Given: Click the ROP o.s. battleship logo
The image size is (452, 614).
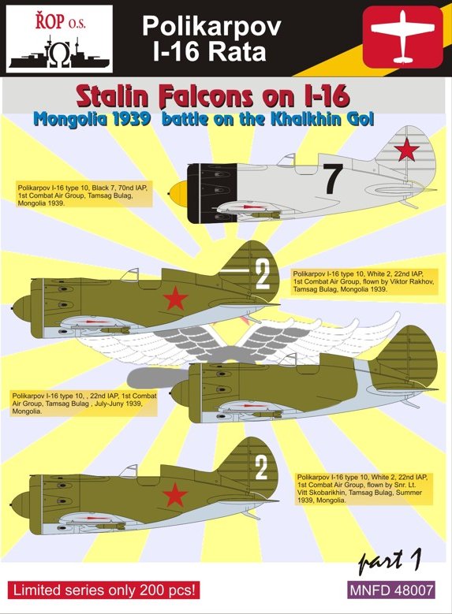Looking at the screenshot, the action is (59, 39).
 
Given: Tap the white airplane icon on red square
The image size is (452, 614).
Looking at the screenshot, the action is (402, 37).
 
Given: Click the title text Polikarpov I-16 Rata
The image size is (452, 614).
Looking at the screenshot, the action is (211, 39).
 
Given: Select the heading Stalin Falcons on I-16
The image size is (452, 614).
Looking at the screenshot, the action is (212, 98).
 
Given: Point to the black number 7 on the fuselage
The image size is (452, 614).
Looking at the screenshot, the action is (332, 179).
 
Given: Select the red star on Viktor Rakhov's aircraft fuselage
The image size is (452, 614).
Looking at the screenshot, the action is (176, 298).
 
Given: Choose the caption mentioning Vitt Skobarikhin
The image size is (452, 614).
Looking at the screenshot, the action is (364, 489).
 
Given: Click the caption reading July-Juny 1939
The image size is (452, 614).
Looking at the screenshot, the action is (84, 404).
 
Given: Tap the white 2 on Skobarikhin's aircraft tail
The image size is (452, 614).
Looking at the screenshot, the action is (261, 468).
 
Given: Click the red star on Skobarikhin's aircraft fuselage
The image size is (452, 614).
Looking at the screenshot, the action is (175, 494).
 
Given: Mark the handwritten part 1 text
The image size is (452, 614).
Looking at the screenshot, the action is (390, 560).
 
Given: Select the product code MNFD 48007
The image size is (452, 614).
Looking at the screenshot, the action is (391, 590).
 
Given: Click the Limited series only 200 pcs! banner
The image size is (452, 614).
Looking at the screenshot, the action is (104, 590).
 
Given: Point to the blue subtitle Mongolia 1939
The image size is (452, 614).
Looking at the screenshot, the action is (92, 119).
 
